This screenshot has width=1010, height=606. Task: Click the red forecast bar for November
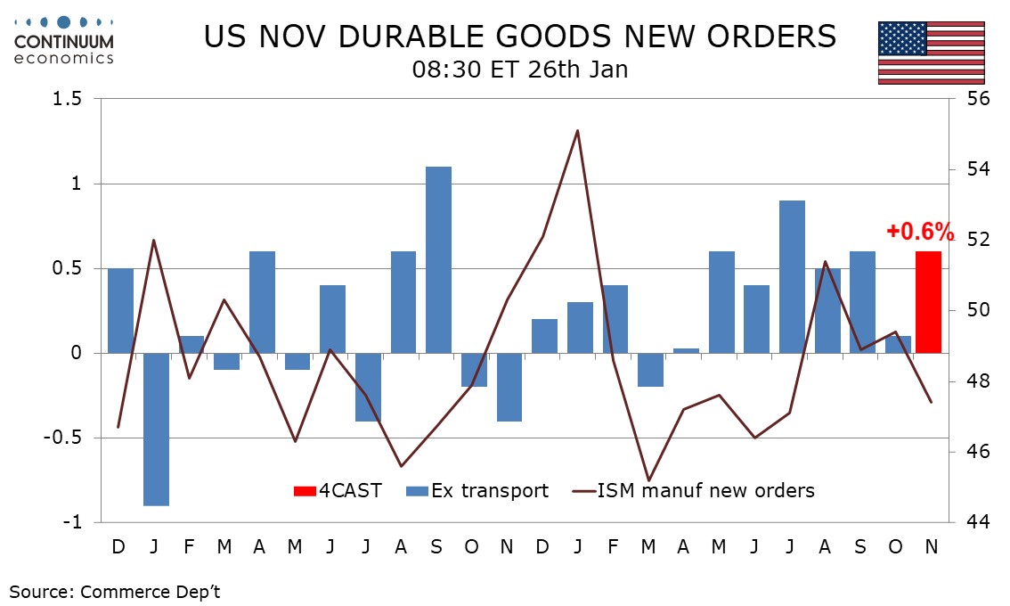pyautogui.click(x=929, y=302)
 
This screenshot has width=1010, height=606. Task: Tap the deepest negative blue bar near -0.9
pyautogui.click(x=156, y=430)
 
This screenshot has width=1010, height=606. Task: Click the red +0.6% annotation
pyautogui.click(x=920, y=233)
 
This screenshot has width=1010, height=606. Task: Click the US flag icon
pyautogui.click(x=932, y=52)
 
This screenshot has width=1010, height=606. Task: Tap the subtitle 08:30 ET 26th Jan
pyautogui.click(x=520, y=70)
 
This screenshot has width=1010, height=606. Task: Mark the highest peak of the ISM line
pyautogui.click(x=577, y=131)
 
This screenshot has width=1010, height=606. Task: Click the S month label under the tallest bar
pyautogui.click(x=436, y=545)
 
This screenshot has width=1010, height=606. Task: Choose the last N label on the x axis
pyautogui.click(x=931, y=545)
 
